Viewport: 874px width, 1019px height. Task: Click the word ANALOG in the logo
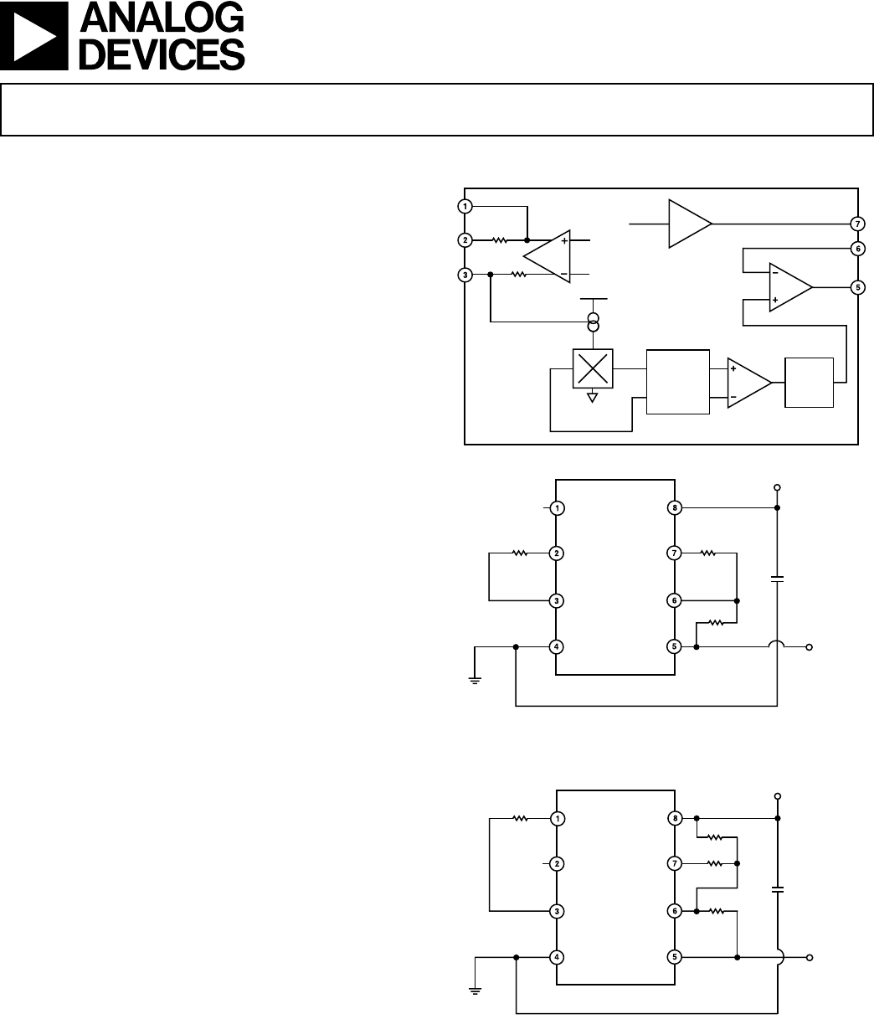pyautogui.click(x=162, y=18)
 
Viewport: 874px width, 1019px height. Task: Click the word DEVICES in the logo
pyautogui.click(x=162, y=54)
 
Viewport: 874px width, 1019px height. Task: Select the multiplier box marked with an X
pyautogui.click(x=593, y=368)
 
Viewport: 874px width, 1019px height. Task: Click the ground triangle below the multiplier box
pyautogui.click(x=593, y=398)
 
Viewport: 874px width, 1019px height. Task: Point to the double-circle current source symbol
pyautogui.click(x=594, y=322)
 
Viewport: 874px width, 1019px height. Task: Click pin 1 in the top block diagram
pyautogui.click(x=465, y=206)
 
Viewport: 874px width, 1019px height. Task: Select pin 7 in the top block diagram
pyautogui.click(x=858, y=224)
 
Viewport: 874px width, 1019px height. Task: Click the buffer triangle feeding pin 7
pyautogui.click(x=690, y=224)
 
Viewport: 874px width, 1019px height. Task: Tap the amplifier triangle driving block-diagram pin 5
pyautogui.click(x=790, y=287)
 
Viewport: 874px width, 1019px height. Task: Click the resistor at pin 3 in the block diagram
pyautogui.click(x=518, y=274)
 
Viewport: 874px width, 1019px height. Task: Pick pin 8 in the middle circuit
pyautogui.click(x=675, y=507)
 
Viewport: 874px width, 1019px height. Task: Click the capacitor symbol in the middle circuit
pyautogui.click(x=778, y=579)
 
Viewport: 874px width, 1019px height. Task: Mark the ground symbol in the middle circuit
pyautogui.click(x=475, y=681)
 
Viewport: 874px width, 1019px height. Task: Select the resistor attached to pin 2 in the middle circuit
pyautogui.click(x=520, y=553)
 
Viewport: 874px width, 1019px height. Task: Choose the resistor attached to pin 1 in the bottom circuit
pyautogui.click(x=520, y=818)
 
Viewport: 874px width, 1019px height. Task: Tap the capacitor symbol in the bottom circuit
pyautogui.click(x=778, y=889)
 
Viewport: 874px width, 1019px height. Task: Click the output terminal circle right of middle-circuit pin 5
pyautogui.click(x=809, y=647)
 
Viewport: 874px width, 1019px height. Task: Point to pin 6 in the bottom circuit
pyautogui.click(x=675, y=911)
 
